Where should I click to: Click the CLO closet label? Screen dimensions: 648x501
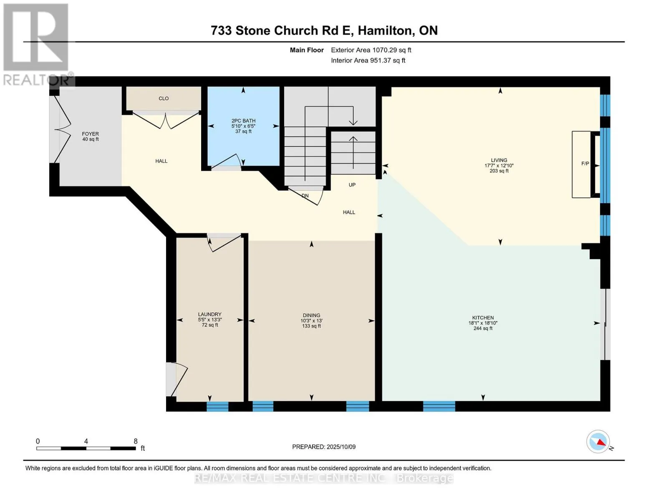(164, 99)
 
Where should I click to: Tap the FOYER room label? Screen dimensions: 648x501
(91, 134)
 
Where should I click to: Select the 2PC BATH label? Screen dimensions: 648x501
(243, 121)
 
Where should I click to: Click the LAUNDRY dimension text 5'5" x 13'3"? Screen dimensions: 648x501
(210, 319)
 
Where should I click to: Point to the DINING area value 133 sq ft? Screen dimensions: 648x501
(311, 326)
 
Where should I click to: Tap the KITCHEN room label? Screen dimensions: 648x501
(483, 318)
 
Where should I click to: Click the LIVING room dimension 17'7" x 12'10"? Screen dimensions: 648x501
(499, 166)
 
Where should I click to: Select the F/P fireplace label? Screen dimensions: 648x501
(585, 164)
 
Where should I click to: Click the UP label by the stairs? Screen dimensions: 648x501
(352, 185)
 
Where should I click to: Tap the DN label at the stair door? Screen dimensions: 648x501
(305, 196)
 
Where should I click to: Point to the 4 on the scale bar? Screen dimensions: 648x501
(86, 441)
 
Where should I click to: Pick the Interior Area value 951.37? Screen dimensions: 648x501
(381, 61)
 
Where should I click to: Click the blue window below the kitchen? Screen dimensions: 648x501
(439, 406)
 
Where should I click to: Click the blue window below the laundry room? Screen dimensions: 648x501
(217, 406)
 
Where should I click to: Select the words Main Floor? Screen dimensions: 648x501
(307, 50)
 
